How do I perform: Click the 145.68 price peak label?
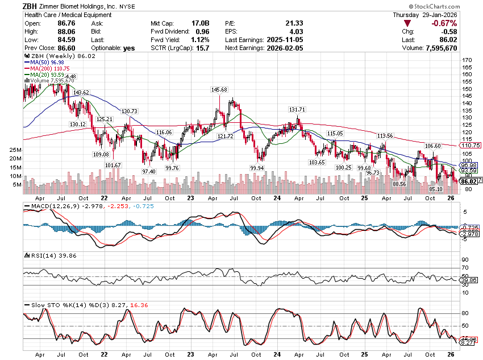[x=219, y=90]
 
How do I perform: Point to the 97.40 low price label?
[x=149, y=171]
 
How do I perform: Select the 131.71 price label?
[x=297, y=110]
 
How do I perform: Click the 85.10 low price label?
[x=436, y=189]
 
